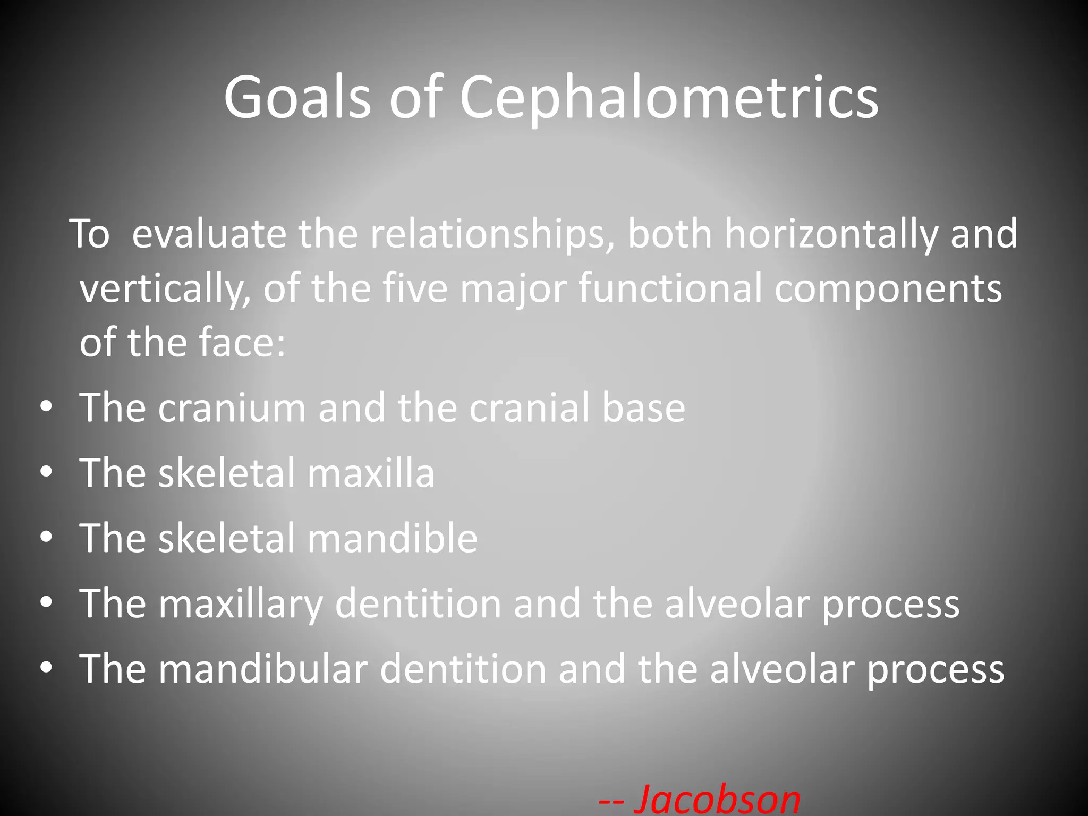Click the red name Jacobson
(717, 798)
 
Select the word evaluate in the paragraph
(208, 234)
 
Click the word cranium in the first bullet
(232, 407)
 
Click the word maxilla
(371, 473)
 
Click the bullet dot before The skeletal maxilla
(46, 472)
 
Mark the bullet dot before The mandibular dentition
(46, 667)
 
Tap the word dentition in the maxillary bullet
(418, 603)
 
